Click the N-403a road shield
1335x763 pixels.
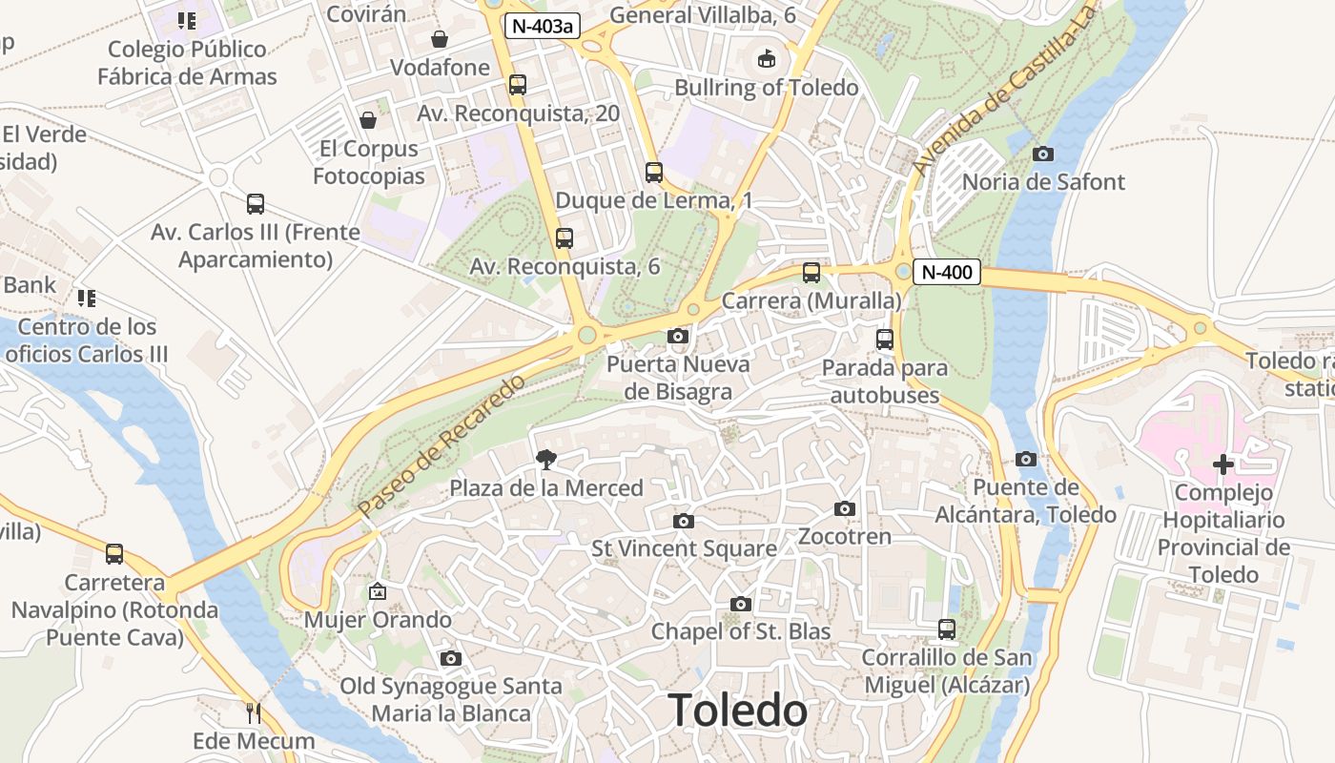pos(543,27)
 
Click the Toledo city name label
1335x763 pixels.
pos(737,711)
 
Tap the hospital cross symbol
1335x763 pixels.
pos(1222,465)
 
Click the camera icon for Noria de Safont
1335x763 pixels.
pos(1043,154)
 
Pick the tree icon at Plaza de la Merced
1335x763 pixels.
pos(546,461)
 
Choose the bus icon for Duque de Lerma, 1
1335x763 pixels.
pos(653,173)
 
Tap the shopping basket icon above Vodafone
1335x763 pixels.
pos(440,39)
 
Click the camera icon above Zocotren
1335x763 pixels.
pos(845,508)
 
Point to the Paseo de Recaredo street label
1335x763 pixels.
pos(442,446)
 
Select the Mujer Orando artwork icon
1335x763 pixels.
pos(378,591)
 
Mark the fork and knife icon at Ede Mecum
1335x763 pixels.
pos(253,712)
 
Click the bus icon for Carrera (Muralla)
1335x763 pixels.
pos(811,273)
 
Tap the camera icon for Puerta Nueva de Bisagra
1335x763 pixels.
pos(678,336)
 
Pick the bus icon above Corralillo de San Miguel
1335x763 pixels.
pos(946,629)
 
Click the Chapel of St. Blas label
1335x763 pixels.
pos(741,631)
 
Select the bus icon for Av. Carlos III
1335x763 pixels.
pos(255,203)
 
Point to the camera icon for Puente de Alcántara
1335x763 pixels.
pos(1026,459)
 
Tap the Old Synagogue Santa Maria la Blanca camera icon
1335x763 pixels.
pos(451,658)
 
